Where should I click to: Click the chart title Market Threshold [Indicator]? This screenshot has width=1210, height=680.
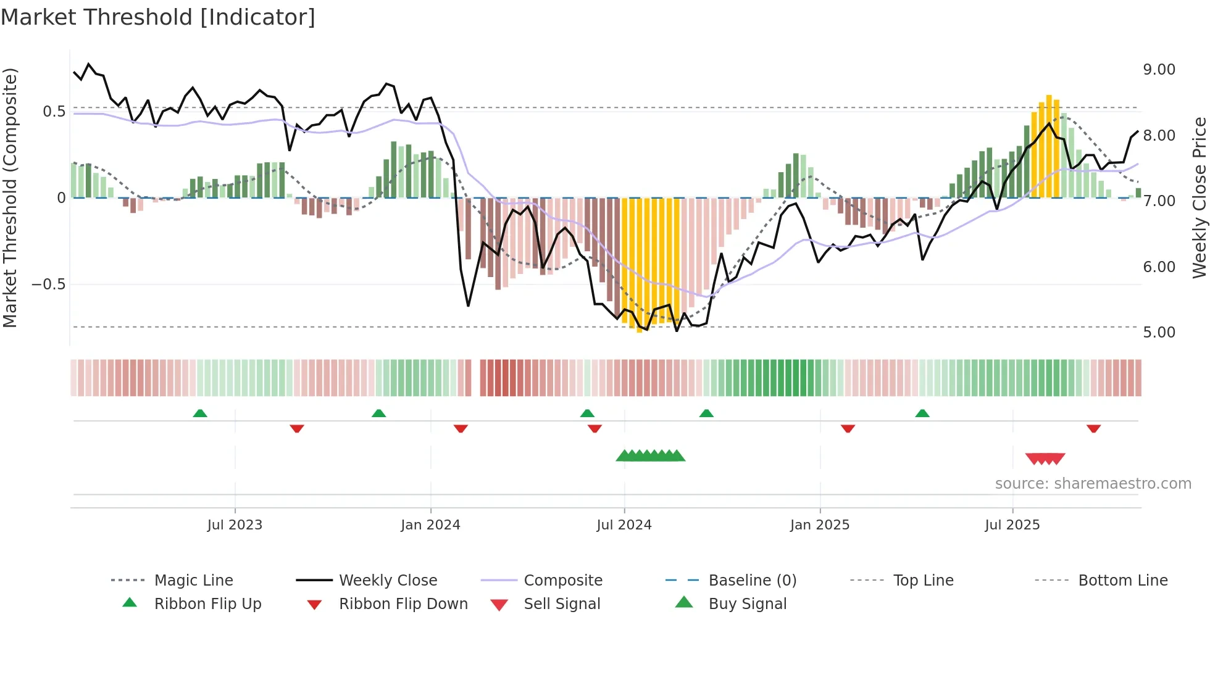point(158,17)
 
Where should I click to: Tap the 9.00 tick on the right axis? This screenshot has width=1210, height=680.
point(1159,70)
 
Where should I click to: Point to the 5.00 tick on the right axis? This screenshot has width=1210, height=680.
point(1159,333)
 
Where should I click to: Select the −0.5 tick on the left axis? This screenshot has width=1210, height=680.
point(48,284)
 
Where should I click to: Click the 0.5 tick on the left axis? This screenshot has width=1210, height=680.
point(54,112)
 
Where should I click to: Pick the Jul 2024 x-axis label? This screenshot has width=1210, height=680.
point(624,525)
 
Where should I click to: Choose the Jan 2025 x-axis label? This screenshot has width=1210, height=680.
point(819,525)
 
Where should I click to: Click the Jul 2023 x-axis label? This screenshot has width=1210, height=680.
point(235,525)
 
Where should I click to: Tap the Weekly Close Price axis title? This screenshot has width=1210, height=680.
point(1199,197)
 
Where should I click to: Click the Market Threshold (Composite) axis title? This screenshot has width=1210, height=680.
point(10,197)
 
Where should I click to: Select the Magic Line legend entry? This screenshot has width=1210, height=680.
point(193,581)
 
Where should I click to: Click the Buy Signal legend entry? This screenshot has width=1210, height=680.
point(747,604)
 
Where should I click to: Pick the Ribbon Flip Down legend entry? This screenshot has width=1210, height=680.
point(403,604)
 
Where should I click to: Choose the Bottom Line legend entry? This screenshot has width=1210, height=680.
point(1122,581)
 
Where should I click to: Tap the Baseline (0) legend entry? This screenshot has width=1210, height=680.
point(752,581)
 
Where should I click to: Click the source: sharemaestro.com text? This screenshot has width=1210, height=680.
point(1093,484)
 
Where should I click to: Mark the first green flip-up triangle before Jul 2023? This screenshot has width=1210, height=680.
point(200,413)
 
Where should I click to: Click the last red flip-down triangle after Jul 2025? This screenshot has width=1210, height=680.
point(1093,428)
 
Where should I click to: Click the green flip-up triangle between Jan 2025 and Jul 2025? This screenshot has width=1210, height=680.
point(922,413)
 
